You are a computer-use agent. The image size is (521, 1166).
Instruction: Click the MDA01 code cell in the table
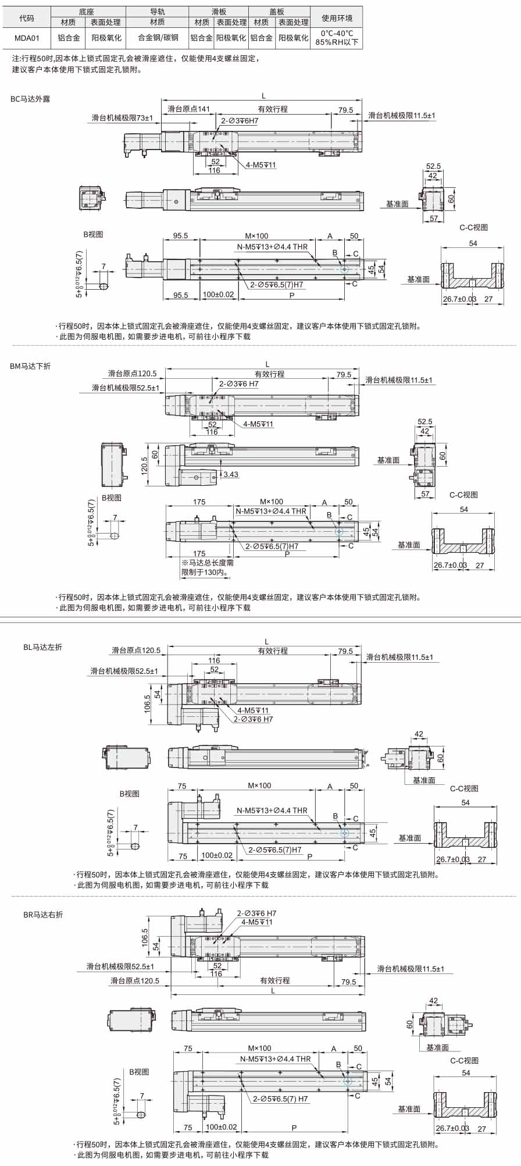point(27,38)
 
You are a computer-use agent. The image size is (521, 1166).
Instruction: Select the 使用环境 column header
point(337,18)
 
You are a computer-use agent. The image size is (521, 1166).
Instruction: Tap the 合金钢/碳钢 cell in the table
point(158,38)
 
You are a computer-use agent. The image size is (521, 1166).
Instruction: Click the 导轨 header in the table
point(158,12)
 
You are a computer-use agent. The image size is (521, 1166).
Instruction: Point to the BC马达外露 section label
point(30,99)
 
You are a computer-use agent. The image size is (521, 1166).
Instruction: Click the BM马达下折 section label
point(30,366)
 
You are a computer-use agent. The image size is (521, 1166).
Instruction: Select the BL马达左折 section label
point(42,647)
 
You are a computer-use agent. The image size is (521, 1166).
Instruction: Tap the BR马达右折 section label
point(42,915)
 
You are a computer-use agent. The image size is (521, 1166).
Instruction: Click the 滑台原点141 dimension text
point(188,109)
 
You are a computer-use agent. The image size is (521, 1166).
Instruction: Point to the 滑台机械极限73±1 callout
point(122,118)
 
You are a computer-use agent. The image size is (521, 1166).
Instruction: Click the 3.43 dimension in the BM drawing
point(231,474)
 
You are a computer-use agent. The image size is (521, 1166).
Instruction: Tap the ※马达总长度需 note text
point(208,563)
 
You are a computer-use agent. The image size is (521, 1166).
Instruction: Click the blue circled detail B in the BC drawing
point(344,269)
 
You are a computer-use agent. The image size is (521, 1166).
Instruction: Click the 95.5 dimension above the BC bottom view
point(180,236)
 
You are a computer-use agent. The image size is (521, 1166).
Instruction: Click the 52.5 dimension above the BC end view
point(433,166)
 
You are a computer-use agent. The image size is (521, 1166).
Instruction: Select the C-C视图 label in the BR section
point(464,1061)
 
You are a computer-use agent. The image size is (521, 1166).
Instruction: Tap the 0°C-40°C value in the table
point(337,34)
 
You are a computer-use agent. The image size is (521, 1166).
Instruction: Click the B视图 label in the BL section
point(129,794)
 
